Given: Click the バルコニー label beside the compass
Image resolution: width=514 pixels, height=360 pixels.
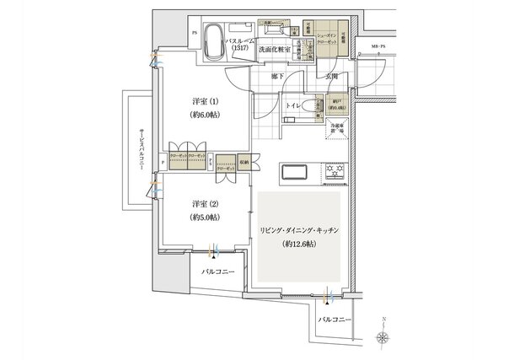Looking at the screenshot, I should pos(334,321).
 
